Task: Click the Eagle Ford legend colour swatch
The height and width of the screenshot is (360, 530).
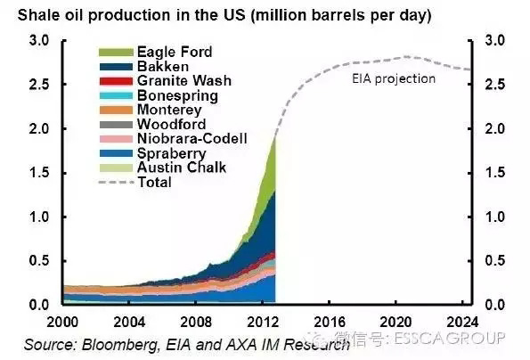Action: [116, 53]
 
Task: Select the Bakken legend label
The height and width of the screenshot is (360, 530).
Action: [163, 66]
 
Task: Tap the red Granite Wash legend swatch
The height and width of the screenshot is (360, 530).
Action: [116, 81]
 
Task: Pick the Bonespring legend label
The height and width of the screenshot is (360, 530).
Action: [177, 95]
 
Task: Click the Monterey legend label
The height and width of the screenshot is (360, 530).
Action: [169, 110]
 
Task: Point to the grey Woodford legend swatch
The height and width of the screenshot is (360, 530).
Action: [116, 125]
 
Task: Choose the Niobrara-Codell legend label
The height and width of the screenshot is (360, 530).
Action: [192, 139]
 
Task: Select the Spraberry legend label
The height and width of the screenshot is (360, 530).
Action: [171, 153]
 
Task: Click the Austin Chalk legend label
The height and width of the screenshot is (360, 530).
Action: [182, 168]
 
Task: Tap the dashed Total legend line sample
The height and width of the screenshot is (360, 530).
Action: [117, 182]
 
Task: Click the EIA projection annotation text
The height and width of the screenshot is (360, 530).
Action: [394, 79]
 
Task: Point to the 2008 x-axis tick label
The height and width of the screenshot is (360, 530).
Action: [196, 322]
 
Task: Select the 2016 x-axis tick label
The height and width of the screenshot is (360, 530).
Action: [330, 322]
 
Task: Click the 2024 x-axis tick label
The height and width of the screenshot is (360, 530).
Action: [462, 322]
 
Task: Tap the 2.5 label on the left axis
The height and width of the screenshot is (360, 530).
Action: [39, 85]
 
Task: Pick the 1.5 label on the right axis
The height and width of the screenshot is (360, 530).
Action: [495, 173]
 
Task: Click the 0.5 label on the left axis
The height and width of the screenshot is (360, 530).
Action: [39, 261]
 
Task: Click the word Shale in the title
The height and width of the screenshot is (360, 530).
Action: [37, 15]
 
